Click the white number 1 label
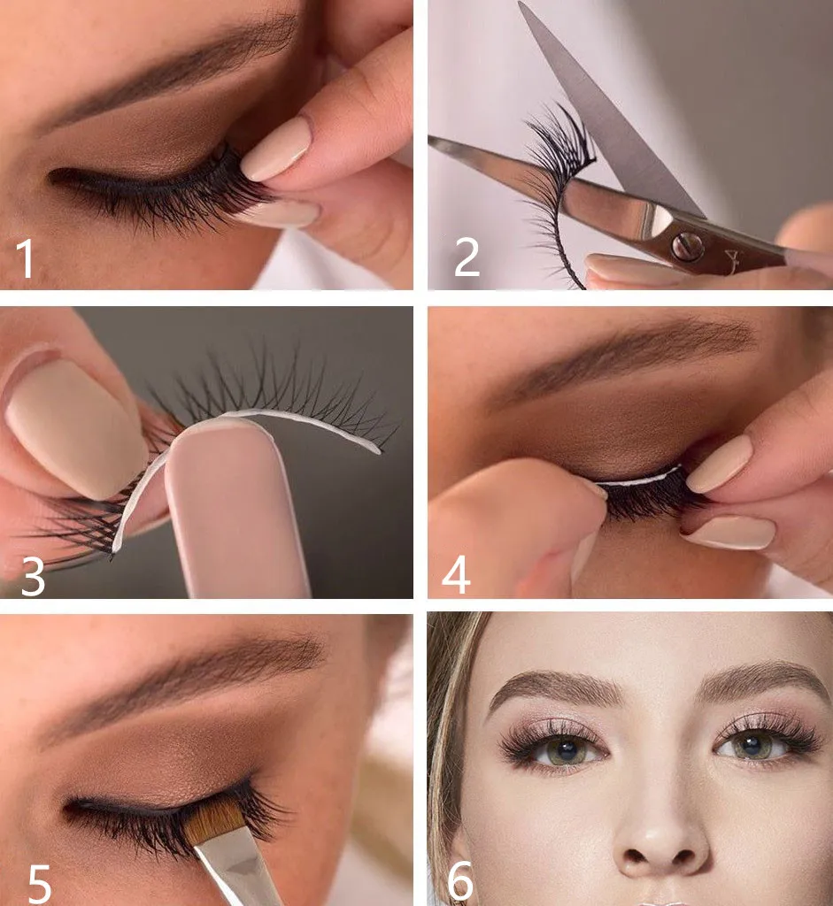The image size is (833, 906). [25, 258]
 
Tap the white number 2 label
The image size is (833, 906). [467, 257]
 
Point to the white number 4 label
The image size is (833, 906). [456, 575]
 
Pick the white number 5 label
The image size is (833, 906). [40, 884]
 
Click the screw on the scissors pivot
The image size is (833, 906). [688, 247]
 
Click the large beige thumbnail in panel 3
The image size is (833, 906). [75, 425]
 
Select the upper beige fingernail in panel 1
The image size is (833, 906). [275, 149]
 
